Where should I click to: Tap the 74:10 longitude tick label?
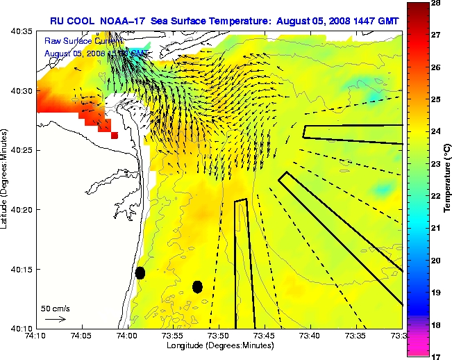(37, 336)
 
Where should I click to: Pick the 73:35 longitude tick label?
(356, 336)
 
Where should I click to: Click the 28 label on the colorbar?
(438, 3)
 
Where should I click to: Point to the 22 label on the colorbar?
(438, 196)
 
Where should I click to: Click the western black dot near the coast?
(140, 272)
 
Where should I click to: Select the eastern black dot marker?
(197, 286)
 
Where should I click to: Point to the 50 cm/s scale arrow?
(56, 320)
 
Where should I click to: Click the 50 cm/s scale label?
(55, 308)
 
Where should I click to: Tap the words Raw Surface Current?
(76, 42)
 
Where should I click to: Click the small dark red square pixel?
(115, 136)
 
